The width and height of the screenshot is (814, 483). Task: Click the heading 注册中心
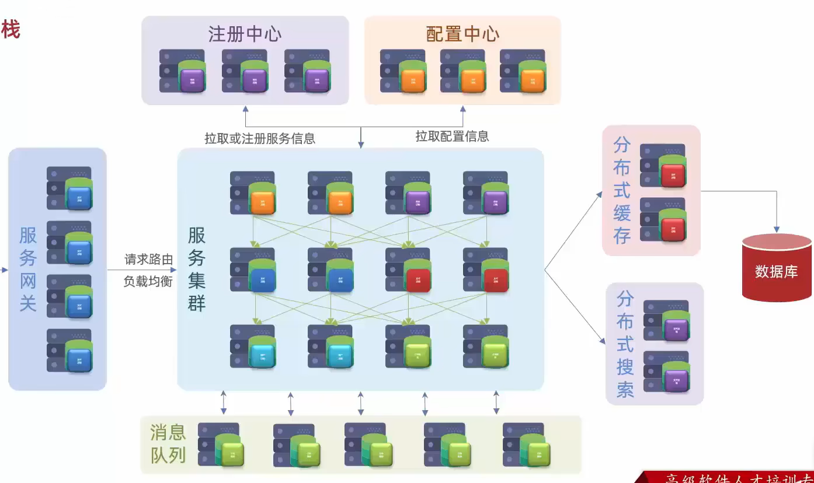pyautogui.click(x=245, y=34)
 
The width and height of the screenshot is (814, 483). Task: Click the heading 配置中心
pyautogui.click(x=462, y=34)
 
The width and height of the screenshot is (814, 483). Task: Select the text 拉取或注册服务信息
pyautogui.click(x=260, y=138)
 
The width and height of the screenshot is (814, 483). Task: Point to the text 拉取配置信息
pyautogui.click(x=452, y=136)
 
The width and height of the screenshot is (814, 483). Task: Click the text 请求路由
pyautogui.click(x=149, y=260)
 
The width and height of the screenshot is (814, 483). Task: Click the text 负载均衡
pyautogui.click(x=148, y=282)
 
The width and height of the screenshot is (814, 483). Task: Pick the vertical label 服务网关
pyautogui.click(x=28, y=269)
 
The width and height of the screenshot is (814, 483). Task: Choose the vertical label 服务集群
pyautogui.click(x=197, y=269)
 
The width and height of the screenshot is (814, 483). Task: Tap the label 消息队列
pyautogui.click(x=168, y=444)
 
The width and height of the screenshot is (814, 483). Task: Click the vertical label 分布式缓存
pyautogui.click(x=622, y=190)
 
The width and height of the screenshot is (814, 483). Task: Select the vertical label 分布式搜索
pyautogui.click(x=625, y=344)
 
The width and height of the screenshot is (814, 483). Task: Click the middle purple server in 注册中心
pyautogui.click(x=245, y=71)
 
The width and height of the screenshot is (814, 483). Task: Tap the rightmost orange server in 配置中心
pyautogui.click(x=523, y=71)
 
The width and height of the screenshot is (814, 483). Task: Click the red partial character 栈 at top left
pyautogui.click(x=10, y=29)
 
